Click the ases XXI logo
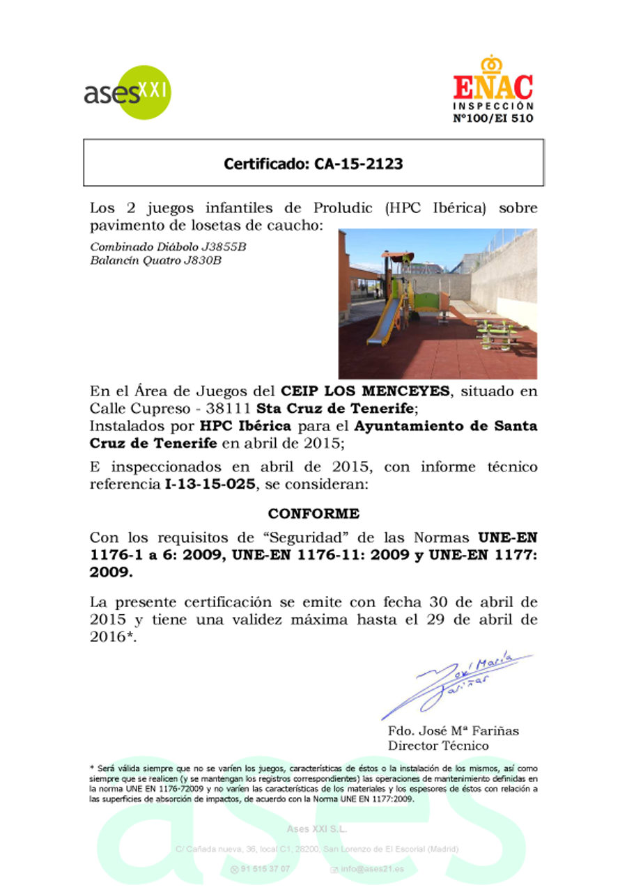tap(127, 92)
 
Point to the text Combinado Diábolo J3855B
tap(168, 247)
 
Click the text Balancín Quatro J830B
tap(156, 260)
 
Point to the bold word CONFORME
tap(313, 514)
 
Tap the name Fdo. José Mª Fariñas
tap(453, 731)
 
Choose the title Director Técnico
tap(438, 746)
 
